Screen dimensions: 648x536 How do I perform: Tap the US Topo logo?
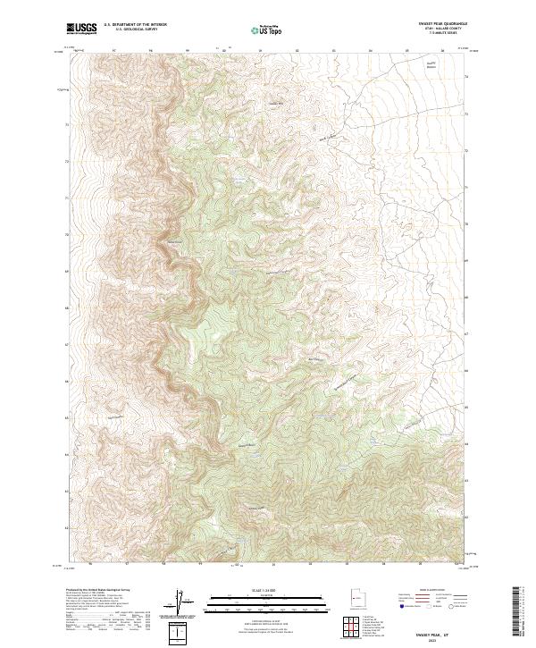[x=267, y=29]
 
